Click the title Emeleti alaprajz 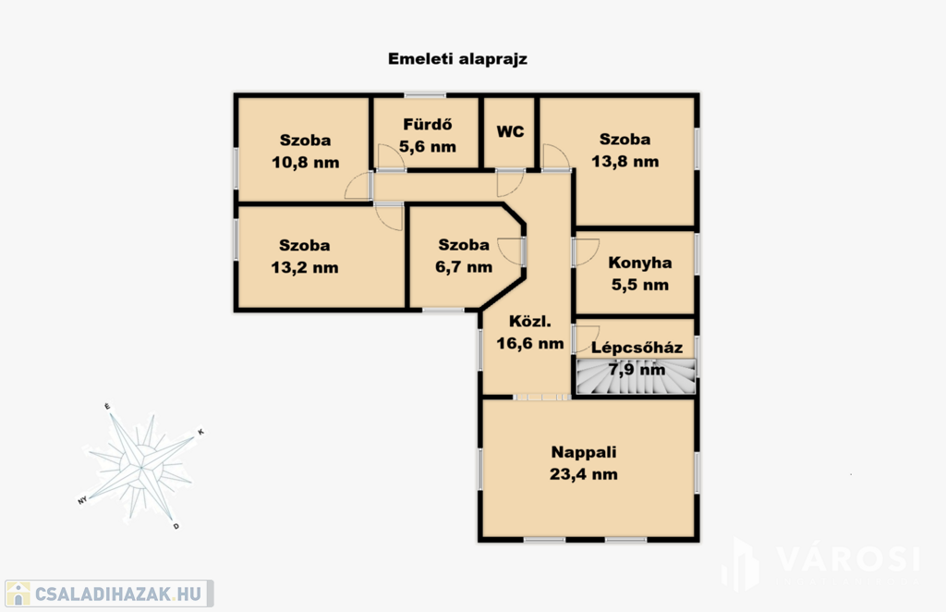click(457, 59)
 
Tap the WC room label click(510, 131)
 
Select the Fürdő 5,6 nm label click(428, 136)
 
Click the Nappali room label click(584, 452)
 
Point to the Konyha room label click(639, 263)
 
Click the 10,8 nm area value click(305, 163)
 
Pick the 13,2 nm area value click(305, 267)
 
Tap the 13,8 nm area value click(625, 161)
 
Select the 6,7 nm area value click(464, 267)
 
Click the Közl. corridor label click(529, 321)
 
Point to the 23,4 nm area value click(584, 474)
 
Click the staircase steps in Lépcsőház click(636, 376)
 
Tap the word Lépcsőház click(637, 348)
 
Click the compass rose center click(141, 467)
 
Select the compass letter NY click(82, 500)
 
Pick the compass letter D click(176, 526)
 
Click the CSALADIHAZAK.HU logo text click(118, 594)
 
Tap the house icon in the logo click(18, 594)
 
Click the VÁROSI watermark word click(848, 559)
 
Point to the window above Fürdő click(425, 94)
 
